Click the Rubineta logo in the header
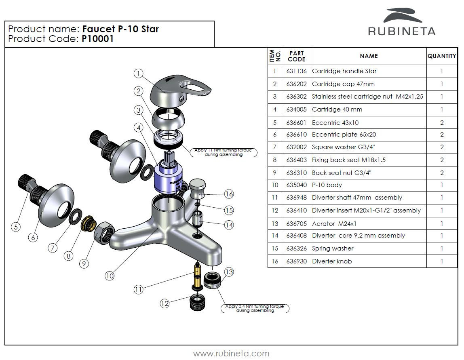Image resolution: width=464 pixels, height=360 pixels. point(401,23)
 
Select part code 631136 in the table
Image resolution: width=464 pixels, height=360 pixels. point(296,71)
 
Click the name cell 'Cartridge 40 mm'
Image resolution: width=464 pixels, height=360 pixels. point(337,109)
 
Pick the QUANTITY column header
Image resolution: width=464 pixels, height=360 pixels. point(442,56)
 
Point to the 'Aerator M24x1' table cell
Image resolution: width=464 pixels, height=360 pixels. point(334,223)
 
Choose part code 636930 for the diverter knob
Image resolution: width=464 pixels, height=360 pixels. point(296,261)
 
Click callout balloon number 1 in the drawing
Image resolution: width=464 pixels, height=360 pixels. point(138,73)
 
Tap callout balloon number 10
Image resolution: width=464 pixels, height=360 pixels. point(110,276)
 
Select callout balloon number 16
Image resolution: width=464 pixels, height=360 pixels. point(229,194)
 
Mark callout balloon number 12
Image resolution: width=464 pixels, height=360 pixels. point(165,303)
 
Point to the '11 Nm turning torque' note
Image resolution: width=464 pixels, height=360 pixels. point(223,152)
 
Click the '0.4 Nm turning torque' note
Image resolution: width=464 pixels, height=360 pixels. point(255,309)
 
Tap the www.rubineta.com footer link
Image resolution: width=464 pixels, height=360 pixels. point(231,354)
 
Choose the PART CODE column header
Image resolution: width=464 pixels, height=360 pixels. point(296,56)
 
